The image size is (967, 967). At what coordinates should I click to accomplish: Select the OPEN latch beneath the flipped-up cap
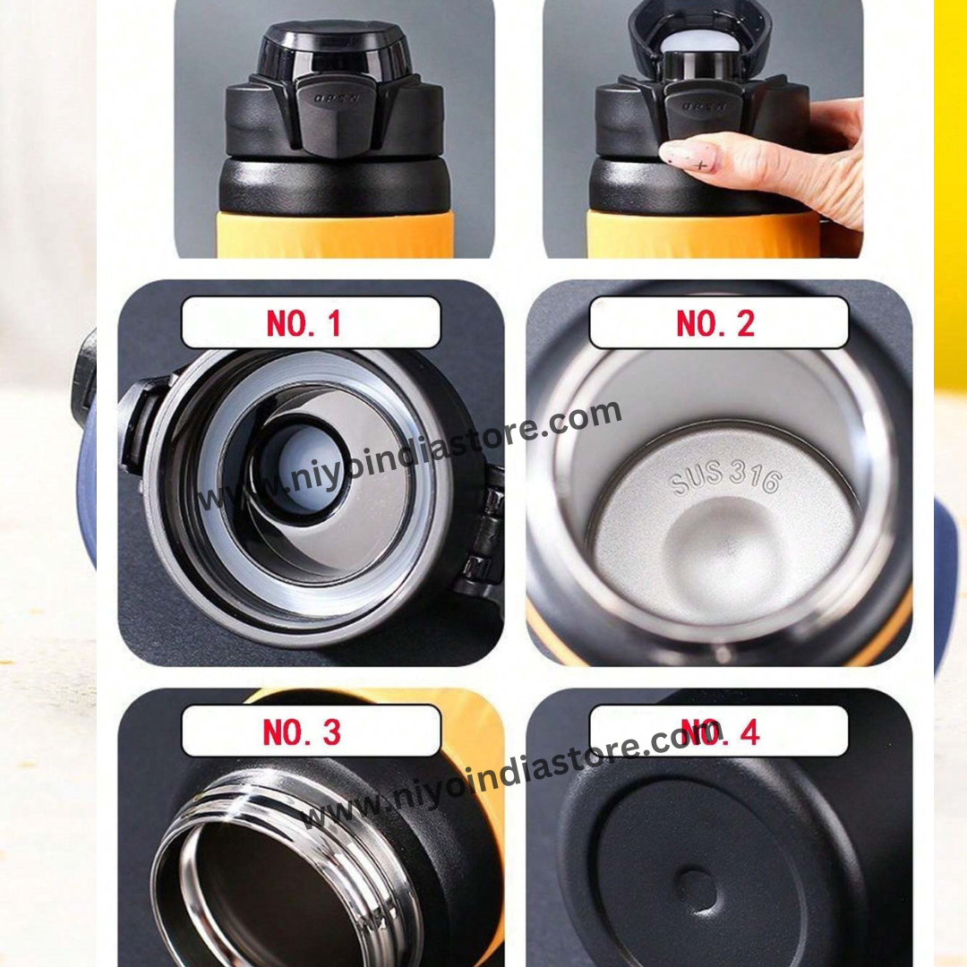(x=703, y=106)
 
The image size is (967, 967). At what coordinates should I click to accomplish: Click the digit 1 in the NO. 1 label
(x=334, y=323)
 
